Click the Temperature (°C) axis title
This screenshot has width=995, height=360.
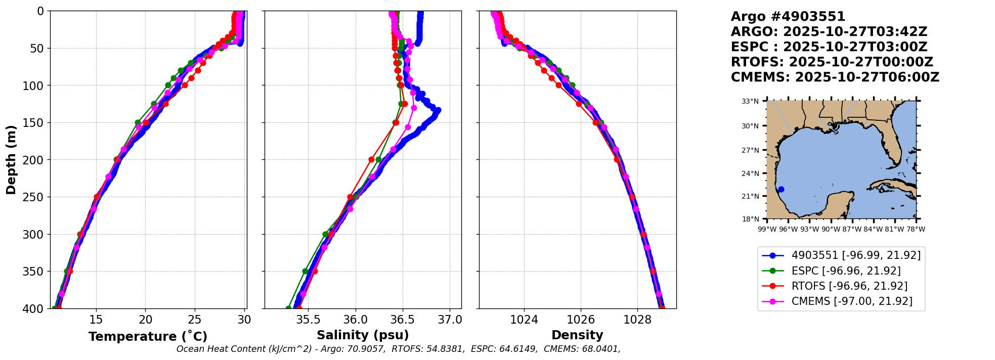coord(148,337)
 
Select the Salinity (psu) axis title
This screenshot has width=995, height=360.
coord(363,335)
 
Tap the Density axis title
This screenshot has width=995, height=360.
coord(577,335)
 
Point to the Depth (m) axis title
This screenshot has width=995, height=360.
coord(11,160)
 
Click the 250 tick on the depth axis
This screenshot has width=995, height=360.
coord(37,197)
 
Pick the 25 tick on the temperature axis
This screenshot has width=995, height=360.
coord(195,320)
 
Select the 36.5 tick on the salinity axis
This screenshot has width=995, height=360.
coord(403,320)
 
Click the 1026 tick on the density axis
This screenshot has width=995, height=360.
coord(581,320)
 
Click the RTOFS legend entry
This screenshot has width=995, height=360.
coord(849,286)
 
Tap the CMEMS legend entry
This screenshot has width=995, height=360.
coord(852,301)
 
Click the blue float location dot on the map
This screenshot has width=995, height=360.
coord(781,190)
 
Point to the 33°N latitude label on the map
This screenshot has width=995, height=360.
coord(750,102)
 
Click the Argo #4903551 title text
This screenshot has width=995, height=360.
coord(788,17)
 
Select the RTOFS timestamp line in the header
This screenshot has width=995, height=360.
coord(832,62)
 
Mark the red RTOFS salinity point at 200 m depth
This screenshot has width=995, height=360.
coord(371,160)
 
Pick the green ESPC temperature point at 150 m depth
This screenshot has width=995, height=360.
coord(138,122)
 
